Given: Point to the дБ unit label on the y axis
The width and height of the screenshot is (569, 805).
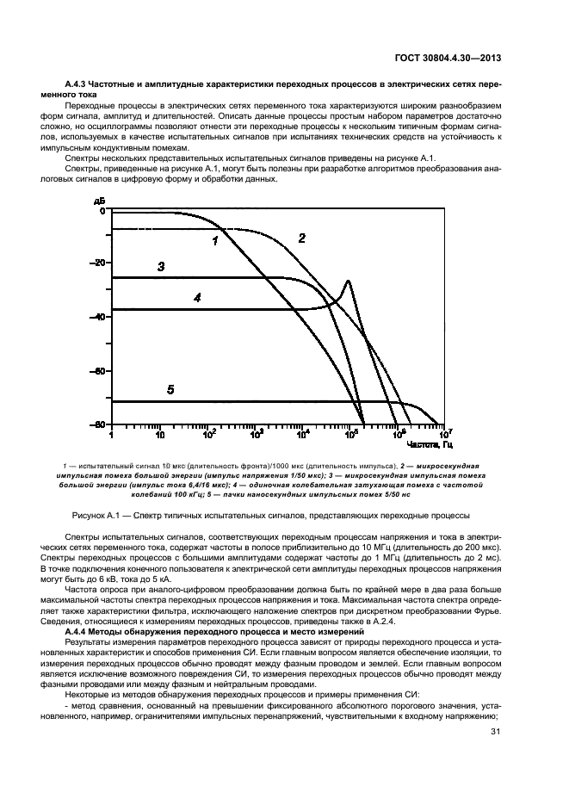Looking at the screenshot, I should [x=97, y=200].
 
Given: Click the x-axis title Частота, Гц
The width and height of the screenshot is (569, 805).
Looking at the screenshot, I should [x=428, y=444].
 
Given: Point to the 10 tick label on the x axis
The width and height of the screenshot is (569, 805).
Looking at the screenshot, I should [x=159, y=435].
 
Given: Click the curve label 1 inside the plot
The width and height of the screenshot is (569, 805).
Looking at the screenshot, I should [x=214, y=242].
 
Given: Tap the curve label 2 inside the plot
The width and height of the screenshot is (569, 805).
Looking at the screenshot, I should [x=301, y=238].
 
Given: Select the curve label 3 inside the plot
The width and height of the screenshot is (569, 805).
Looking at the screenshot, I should [x=161, y=267].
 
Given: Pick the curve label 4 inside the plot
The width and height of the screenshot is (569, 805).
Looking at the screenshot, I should [x=197, y=298].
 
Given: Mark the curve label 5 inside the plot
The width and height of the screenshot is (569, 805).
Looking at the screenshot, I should [x=170, y=390].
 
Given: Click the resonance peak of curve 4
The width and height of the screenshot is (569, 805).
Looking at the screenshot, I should [x=348, y=282].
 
